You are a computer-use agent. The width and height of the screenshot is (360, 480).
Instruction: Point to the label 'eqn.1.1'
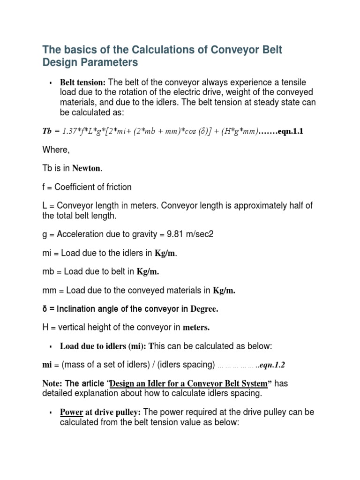pos(290,132)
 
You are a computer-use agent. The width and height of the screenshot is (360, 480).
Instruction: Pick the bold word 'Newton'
pos(87,169)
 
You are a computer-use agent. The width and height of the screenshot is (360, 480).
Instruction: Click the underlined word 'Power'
pos(71,412)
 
